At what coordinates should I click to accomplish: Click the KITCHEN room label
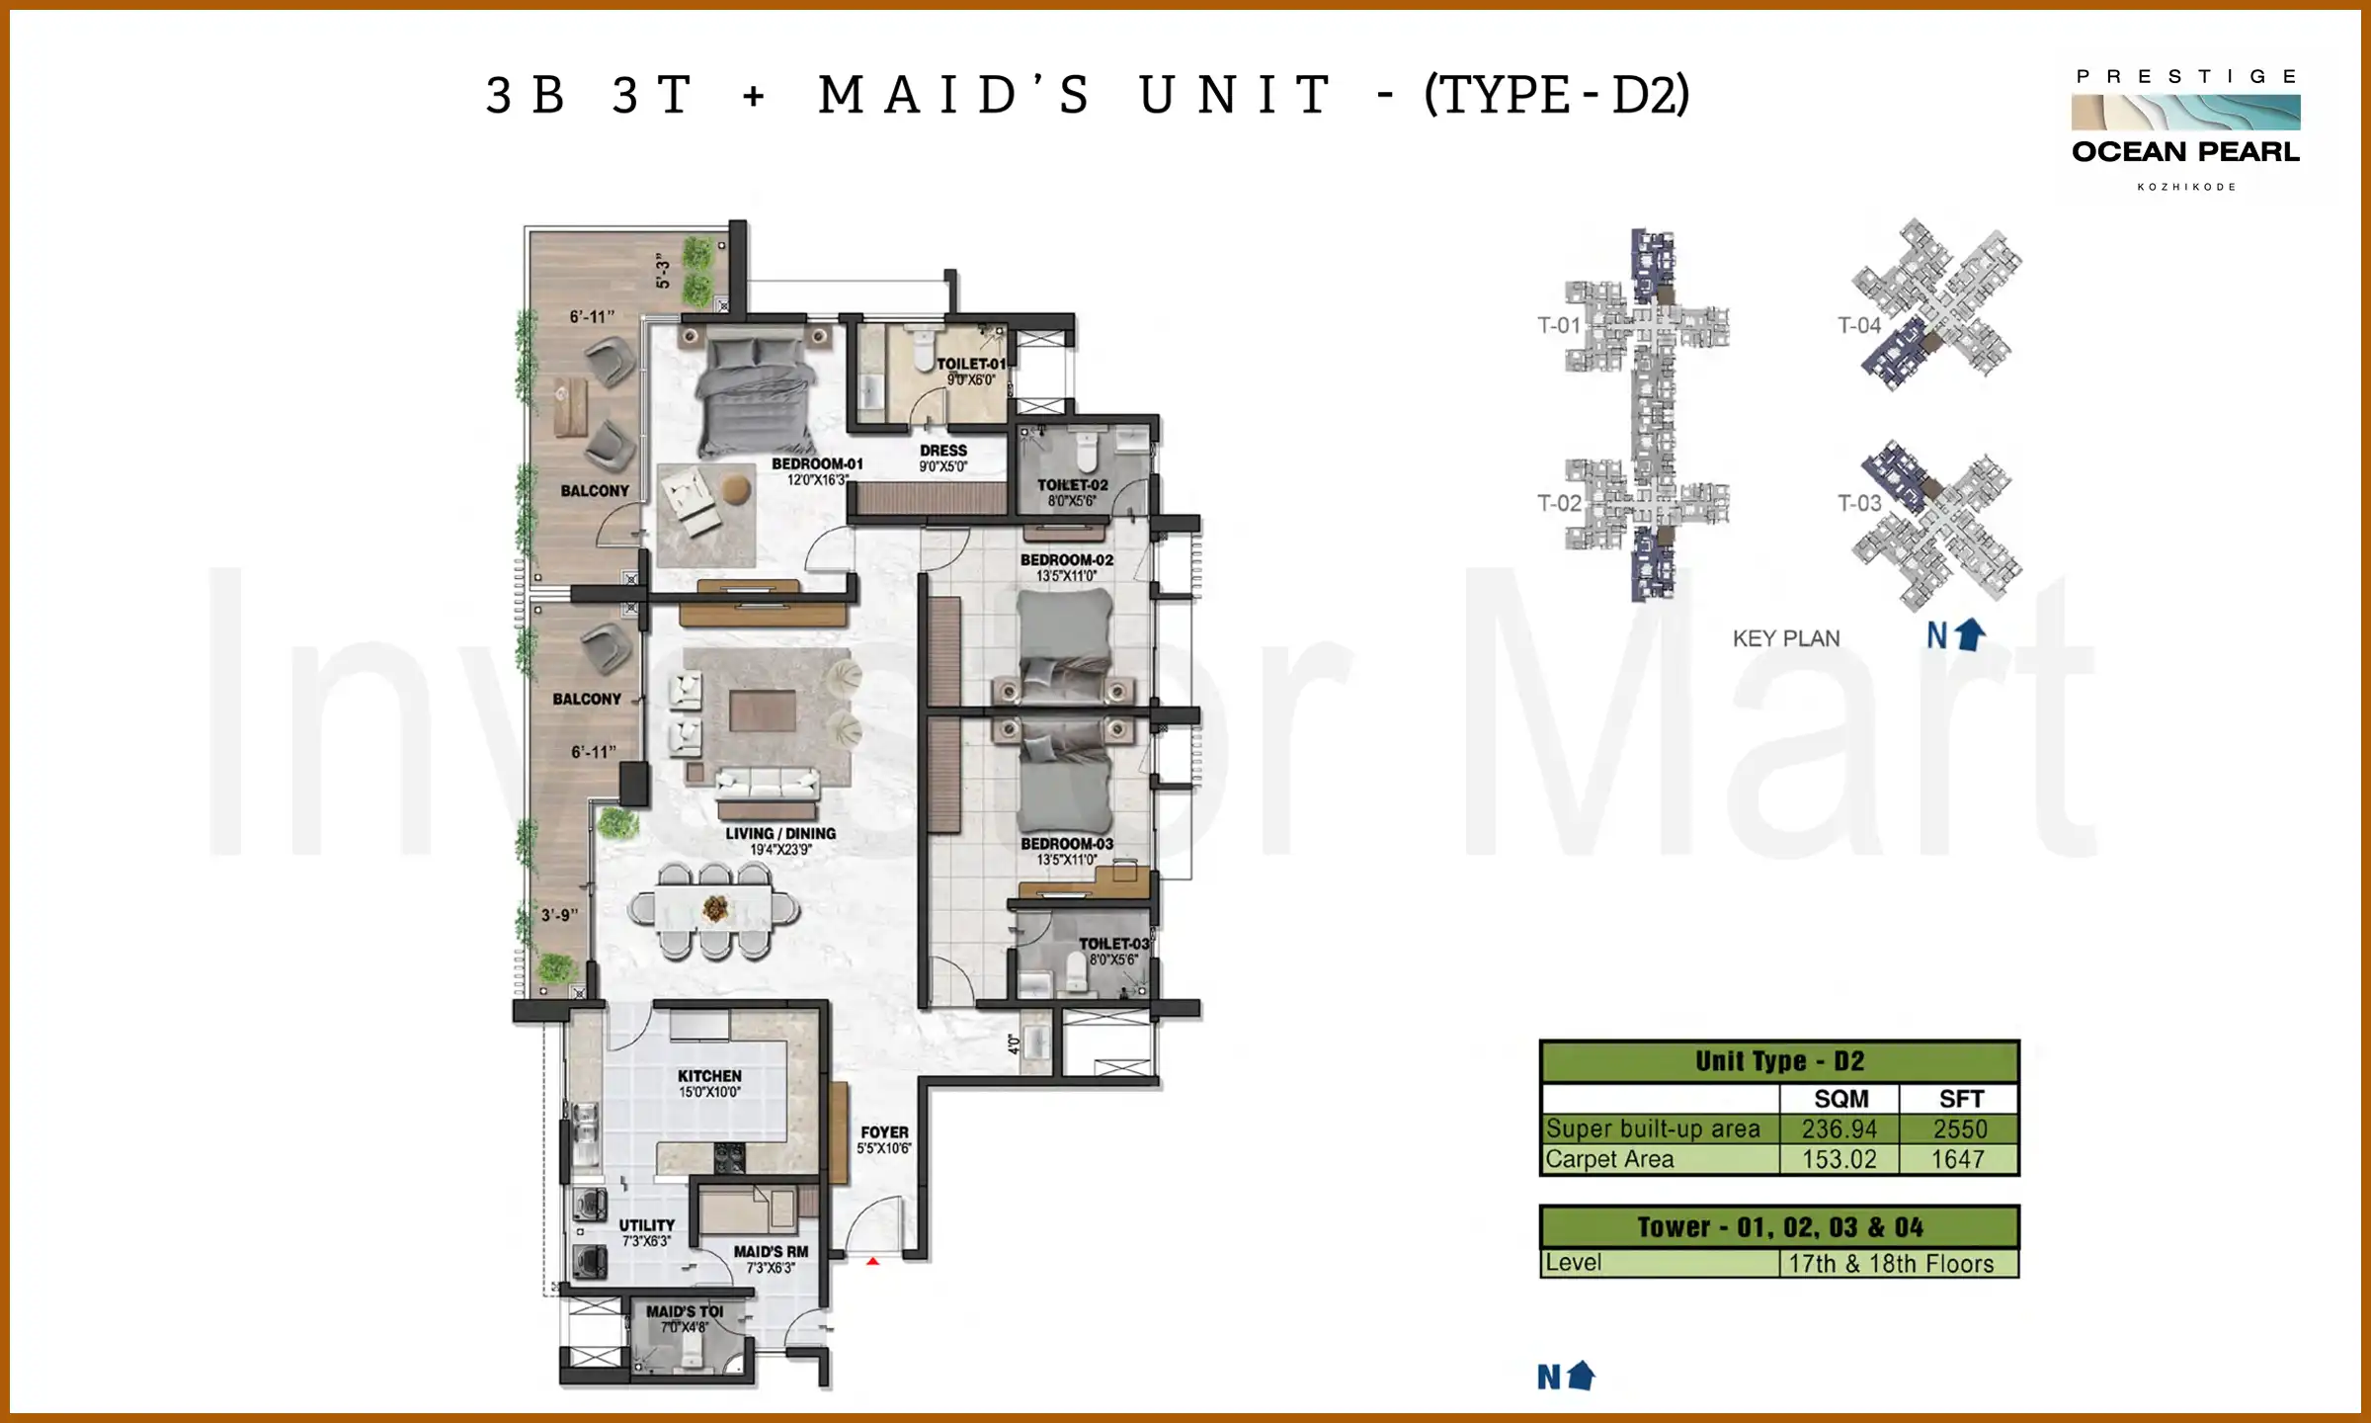[x=709, y=1076]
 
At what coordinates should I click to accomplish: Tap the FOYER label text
[x=884, y=1132]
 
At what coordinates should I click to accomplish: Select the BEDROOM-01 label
[x=817, y=463]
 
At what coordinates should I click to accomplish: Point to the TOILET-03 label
[x=1113, y=944]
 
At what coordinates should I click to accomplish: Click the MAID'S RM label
[x=771, y=1251]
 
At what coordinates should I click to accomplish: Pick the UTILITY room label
[x=647, y=1225]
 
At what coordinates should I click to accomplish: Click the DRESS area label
[x=943, y=451]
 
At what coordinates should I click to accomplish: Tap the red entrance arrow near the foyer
[x=872, y=1261]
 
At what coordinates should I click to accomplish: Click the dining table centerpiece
[x=715, y=907]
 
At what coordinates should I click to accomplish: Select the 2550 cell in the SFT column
[x=1959, y=1129]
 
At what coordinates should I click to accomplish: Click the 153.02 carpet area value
[x=1839, y=1159]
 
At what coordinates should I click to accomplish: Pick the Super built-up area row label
[x=1653, y=1129]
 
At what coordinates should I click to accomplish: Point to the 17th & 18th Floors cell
[x=1891, y=1264]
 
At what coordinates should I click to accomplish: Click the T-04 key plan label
[x=1858, y=325]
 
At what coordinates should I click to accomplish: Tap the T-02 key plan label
[x=1559, y=503]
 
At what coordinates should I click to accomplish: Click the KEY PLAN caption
[x=1785, y=638]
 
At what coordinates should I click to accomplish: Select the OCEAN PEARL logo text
[x=2185, y=152]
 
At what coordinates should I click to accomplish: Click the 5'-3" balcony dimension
[x=663, y=271]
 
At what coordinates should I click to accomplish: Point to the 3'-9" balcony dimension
[x=559, y=915]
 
